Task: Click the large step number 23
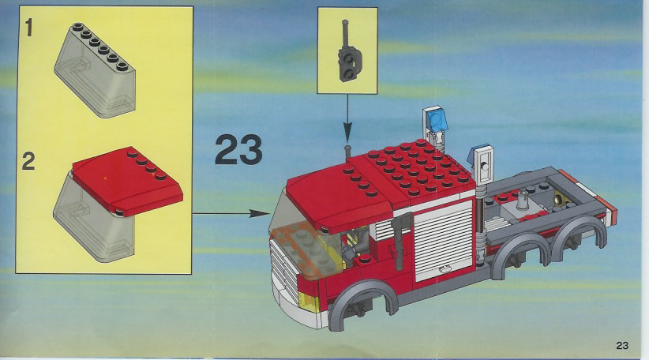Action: click(238, 149)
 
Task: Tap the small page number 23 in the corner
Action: click(622, 345)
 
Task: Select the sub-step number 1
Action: click(28, 28)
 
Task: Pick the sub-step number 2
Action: click(28, 161)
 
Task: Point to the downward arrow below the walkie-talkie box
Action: click(347, 118)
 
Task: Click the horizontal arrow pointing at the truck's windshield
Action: click(231, 213)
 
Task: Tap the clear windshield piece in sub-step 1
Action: click(96, 70)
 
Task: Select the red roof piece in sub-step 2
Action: click(127, 181)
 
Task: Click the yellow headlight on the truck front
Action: click(309, 302)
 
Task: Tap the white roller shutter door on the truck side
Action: click(444, 240)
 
